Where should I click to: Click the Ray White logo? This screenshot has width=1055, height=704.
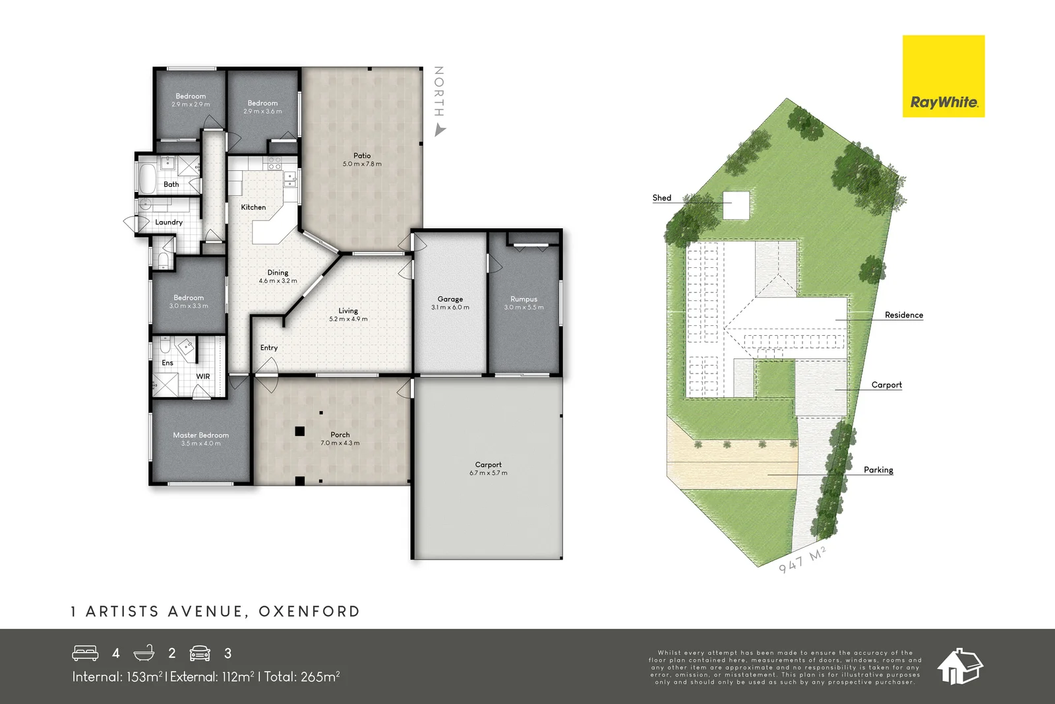coord(943,77)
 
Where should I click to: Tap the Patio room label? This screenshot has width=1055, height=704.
coord(362,156)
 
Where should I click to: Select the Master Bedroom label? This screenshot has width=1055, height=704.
coord(200,435)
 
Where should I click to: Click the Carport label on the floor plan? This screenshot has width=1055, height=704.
coord(488,464)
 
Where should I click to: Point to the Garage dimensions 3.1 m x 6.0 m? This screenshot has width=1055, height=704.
coord(450,307)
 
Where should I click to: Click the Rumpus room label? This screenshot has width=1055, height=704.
coord(524,299)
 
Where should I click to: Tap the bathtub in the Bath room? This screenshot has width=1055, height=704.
coord(146,177)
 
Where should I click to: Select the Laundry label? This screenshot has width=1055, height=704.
coord(169,222)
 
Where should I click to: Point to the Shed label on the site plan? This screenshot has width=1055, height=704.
coord(661,198)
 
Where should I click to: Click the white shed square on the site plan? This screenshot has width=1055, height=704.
coord(737,205)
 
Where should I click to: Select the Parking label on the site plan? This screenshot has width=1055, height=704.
coord(878,470)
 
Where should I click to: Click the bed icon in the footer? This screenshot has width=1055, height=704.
coord(85,653)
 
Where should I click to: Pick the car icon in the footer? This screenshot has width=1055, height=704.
coord(200,653)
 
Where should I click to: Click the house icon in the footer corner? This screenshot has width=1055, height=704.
coord(959,666)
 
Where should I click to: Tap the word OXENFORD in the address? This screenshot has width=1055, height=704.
coord(309,612)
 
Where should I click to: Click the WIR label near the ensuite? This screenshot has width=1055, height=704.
coord(203,377)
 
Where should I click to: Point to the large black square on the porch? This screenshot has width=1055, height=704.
coord(299,432)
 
